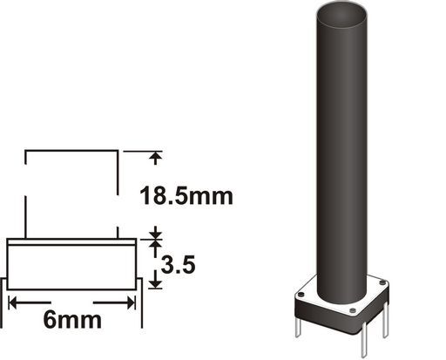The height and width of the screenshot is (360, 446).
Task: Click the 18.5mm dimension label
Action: click(186, 196)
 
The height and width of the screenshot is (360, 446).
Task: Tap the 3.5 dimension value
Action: click(178, 265)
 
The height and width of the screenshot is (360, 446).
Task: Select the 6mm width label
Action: click(72, 320)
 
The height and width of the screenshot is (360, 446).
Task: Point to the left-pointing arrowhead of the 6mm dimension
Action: click(13, 303)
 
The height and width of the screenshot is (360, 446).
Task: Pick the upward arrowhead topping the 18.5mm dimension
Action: click(156, 155)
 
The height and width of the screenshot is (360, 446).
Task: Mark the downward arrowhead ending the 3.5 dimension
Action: click(156, 283)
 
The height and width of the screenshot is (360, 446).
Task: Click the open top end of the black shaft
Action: click(341, 15)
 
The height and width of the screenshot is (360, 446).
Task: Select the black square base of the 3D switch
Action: click(341, 316)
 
